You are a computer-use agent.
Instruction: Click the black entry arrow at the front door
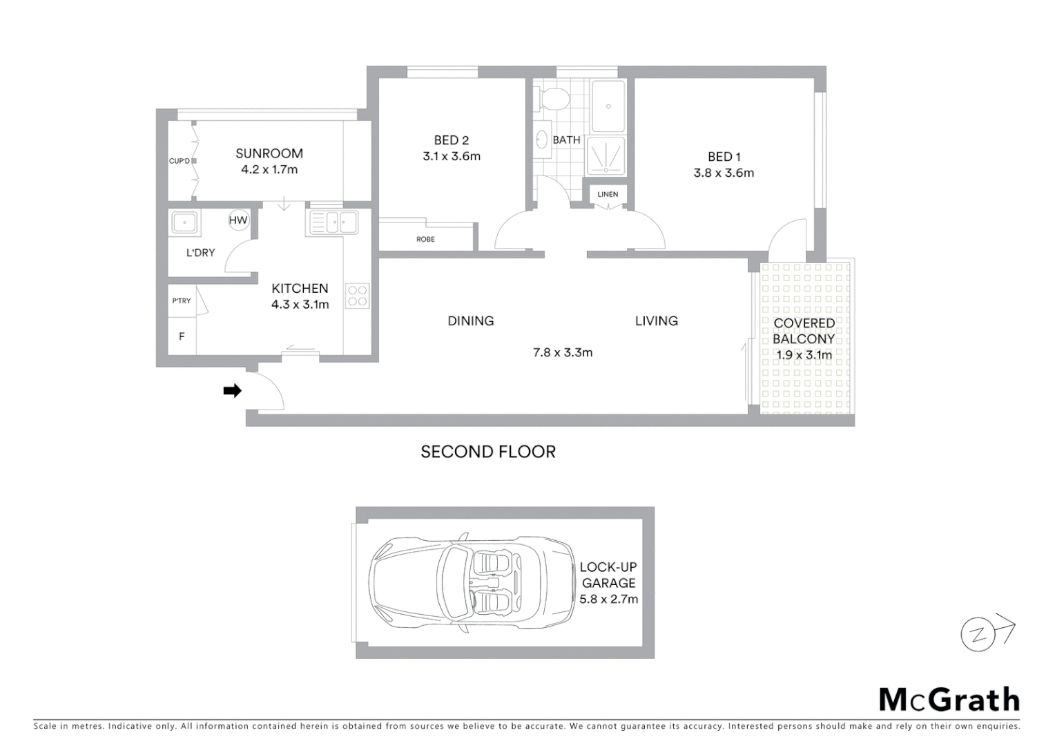[232, 391]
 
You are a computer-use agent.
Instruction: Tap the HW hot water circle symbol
[238, 220]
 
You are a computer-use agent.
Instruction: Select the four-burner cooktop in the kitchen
[358, 296]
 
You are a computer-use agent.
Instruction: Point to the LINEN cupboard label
[608, 194]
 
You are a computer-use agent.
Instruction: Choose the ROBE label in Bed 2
[425, 239]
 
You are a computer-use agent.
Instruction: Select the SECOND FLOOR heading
[488, 452]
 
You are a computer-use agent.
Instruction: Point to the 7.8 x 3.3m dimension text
[562, 352]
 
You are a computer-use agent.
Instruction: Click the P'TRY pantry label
[182, 300]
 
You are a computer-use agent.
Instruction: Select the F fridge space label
[182, 336]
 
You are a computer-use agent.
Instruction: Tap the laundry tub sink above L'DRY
[184, 223]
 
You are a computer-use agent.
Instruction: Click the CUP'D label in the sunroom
[180, 161]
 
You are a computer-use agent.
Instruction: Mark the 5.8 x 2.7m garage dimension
[608, 599]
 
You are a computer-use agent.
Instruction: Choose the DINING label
[470, 321]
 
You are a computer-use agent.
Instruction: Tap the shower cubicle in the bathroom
[606, 156]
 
